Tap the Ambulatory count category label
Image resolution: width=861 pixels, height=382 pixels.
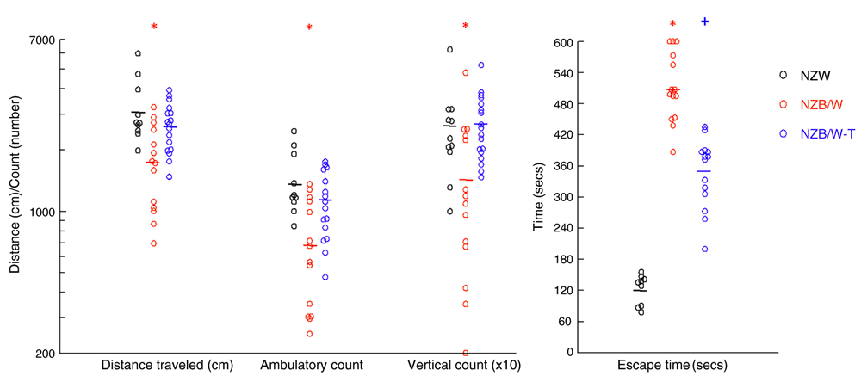tap(311, 366)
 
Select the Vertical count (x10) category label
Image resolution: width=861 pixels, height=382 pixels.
tap(465, 366)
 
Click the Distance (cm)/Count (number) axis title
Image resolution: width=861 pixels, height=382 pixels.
tap(15, 197)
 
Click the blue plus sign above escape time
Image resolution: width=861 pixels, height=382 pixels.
tap(704, 21)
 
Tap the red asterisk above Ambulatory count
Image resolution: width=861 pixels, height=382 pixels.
tap(309, 28)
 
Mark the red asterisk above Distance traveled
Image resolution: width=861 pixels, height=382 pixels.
tap(154, 27)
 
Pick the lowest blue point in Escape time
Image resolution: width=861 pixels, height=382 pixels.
tap(704, 250)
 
